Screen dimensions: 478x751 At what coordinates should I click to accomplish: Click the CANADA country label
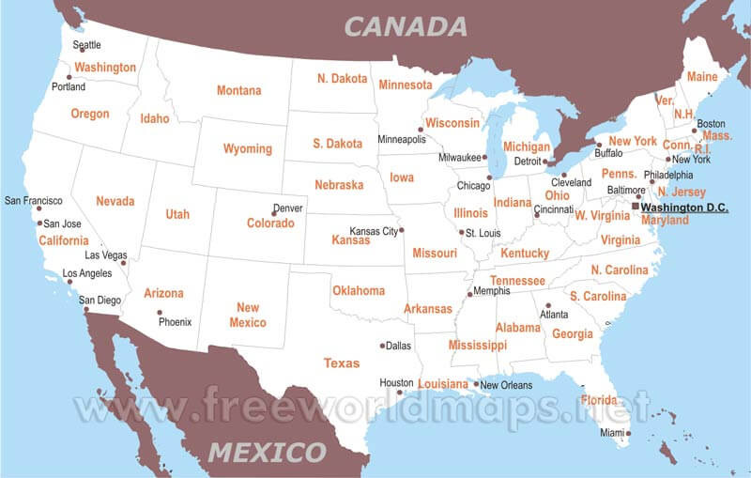(x=406, y=25)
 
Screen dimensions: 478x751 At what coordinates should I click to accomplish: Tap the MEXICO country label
(x=267, y=452)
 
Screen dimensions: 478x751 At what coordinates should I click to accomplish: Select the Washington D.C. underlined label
(x=683, y=208)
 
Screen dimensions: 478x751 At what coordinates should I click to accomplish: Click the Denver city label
(x=288, y=208)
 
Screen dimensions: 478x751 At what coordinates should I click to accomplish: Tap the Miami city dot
(x=629, y=433)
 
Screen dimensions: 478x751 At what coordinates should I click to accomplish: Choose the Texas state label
(x=341, y=362)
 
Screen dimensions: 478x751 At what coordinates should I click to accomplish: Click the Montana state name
(x=239, y=91)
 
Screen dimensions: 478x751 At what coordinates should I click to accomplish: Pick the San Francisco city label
(x=34, y=200)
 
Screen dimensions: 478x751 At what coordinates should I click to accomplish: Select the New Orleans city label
(x=506, y=385)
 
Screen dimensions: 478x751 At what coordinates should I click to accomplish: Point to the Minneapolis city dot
(x=421, y=130)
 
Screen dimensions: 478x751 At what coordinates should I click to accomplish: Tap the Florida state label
(x=599, y=400)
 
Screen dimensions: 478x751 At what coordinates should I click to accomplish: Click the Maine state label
(x=702, y=77)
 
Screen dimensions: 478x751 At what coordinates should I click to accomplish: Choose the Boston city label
(x=711, y=123)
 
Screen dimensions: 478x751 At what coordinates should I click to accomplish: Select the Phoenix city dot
(x=160, y=312)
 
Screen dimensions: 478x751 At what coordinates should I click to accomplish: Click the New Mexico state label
(x=248, y=315)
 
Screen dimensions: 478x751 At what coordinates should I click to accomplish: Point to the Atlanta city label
(x=553, y=315)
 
